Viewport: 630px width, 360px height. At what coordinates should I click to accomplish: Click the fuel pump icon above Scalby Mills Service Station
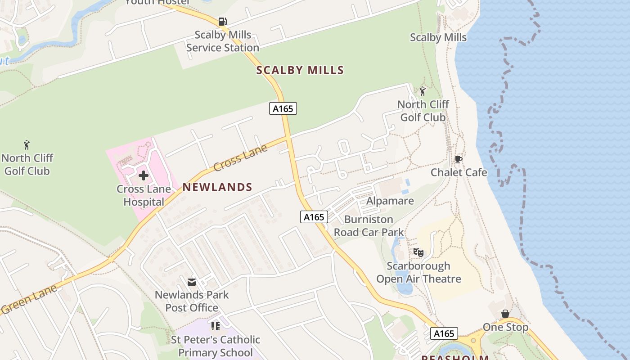222,21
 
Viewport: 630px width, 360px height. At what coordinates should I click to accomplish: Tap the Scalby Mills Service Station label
223,41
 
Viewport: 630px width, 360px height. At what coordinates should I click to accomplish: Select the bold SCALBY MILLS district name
300,70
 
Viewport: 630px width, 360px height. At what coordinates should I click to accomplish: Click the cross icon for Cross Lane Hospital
144,175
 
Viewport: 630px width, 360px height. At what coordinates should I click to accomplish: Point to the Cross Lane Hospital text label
144,195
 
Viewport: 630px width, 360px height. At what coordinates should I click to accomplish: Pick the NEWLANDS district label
217,187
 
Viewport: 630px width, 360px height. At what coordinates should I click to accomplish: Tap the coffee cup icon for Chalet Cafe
458,159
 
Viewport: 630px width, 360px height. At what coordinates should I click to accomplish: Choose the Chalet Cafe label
459,172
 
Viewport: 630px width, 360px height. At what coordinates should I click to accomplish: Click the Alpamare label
390,201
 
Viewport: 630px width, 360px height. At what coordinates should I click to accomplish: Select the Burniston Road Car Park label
369,226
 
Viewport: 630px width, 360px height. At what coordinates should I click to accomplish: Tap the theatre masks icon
418,252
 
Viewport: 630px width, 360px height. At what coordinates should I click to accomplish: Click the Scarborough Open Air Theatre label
418,272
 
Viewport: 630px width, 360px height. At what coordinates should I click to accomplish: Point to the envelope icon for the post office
192,282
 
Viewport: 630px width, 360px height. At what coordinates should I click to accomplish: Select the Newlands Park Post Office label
192,301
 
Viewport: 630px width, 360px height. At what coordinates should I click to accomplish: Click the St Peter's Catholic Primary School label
216,346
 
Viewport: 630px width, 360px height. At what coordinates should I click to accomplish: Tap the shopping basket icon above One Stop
505,314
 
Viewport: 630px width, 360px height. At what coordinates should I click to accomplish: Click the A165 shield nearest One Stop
444,333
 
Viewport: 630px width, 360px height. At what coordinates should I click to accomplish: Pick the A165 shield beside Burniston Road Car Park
314,217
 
